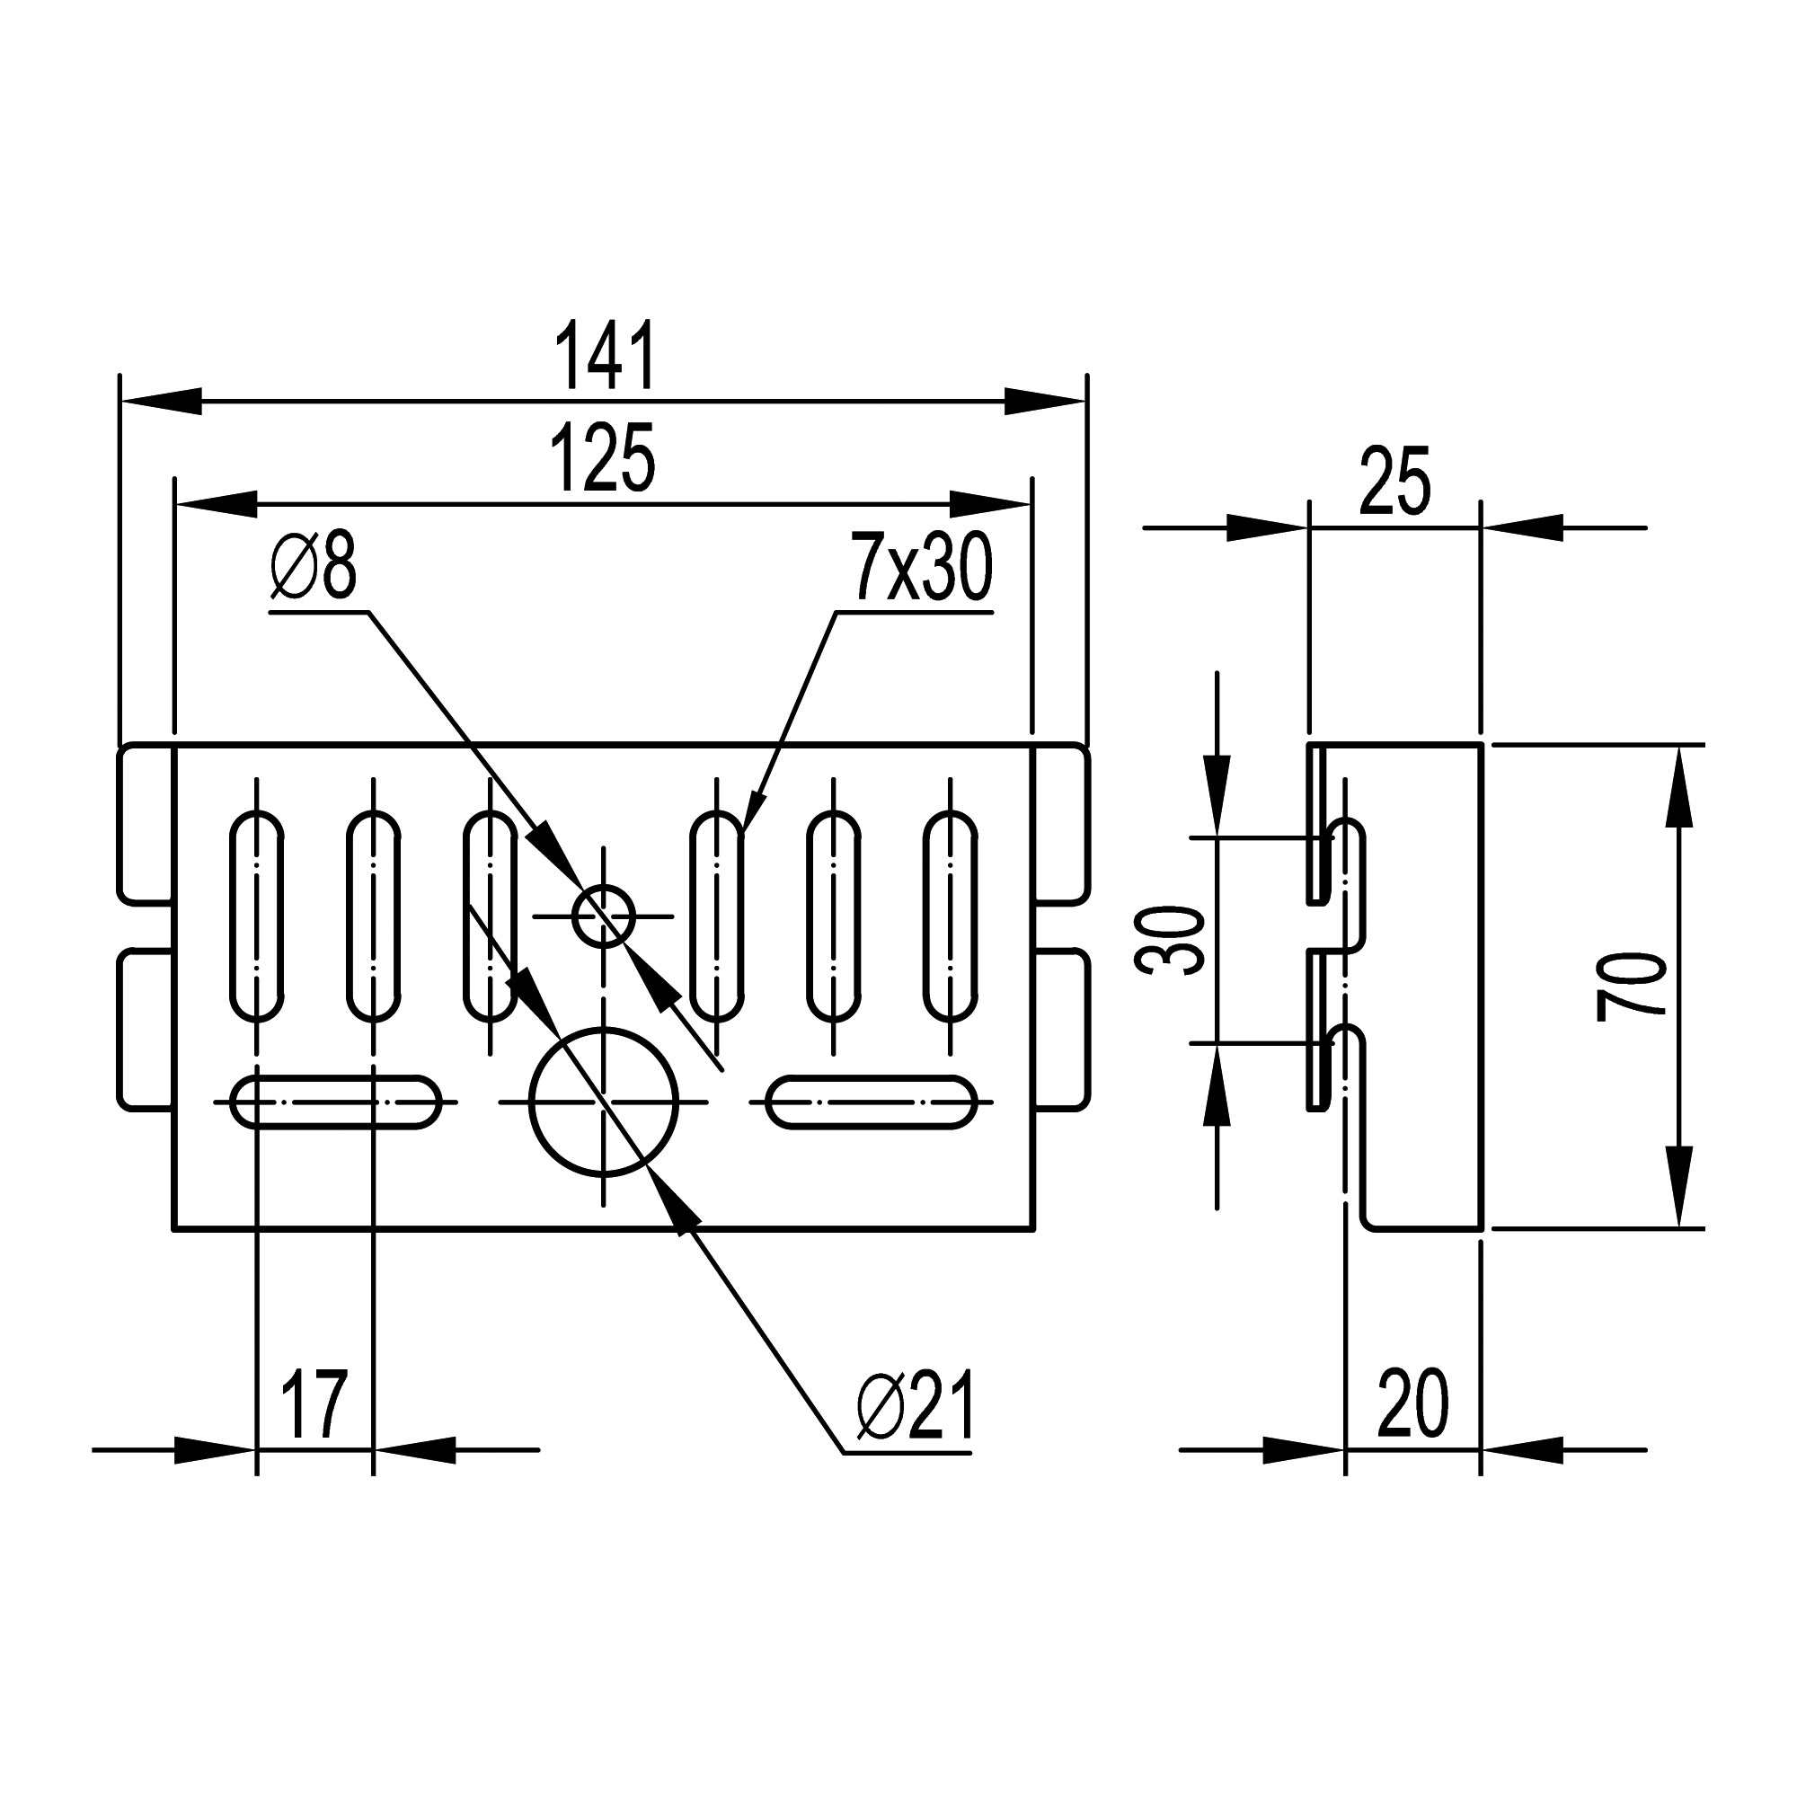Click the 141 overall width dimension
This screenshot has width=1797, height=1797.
point(606,356)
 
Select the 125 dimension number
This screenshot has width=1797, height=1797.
point(603,458)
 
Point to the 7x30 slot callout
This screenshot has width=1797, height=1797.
point(921,566)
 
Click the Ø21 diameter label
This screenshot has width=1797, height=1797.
point(916,1407)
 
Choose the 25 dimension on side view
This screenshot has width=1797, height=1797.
point(1394,482)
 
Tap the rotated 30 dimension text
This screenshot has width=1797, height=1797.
point(1170,942)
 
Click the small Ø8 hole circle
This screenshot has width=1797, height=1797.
point(604,916)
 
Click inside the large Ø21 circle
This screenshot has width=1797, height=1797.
point(604,1103)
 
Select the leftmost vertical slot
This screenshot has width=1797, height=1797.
point(257,916)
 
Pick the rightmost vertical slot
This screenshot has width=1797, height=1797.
point(951,916)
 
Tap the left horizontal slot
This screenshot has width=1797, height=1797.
point(335,1103)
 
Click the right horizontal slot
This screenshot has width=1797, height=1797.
point(872,1103)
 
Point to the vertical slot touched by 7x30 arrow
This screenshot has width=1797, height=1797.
point(716,916)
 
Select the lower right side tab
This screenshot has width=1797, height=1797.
point(1061,1030)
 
